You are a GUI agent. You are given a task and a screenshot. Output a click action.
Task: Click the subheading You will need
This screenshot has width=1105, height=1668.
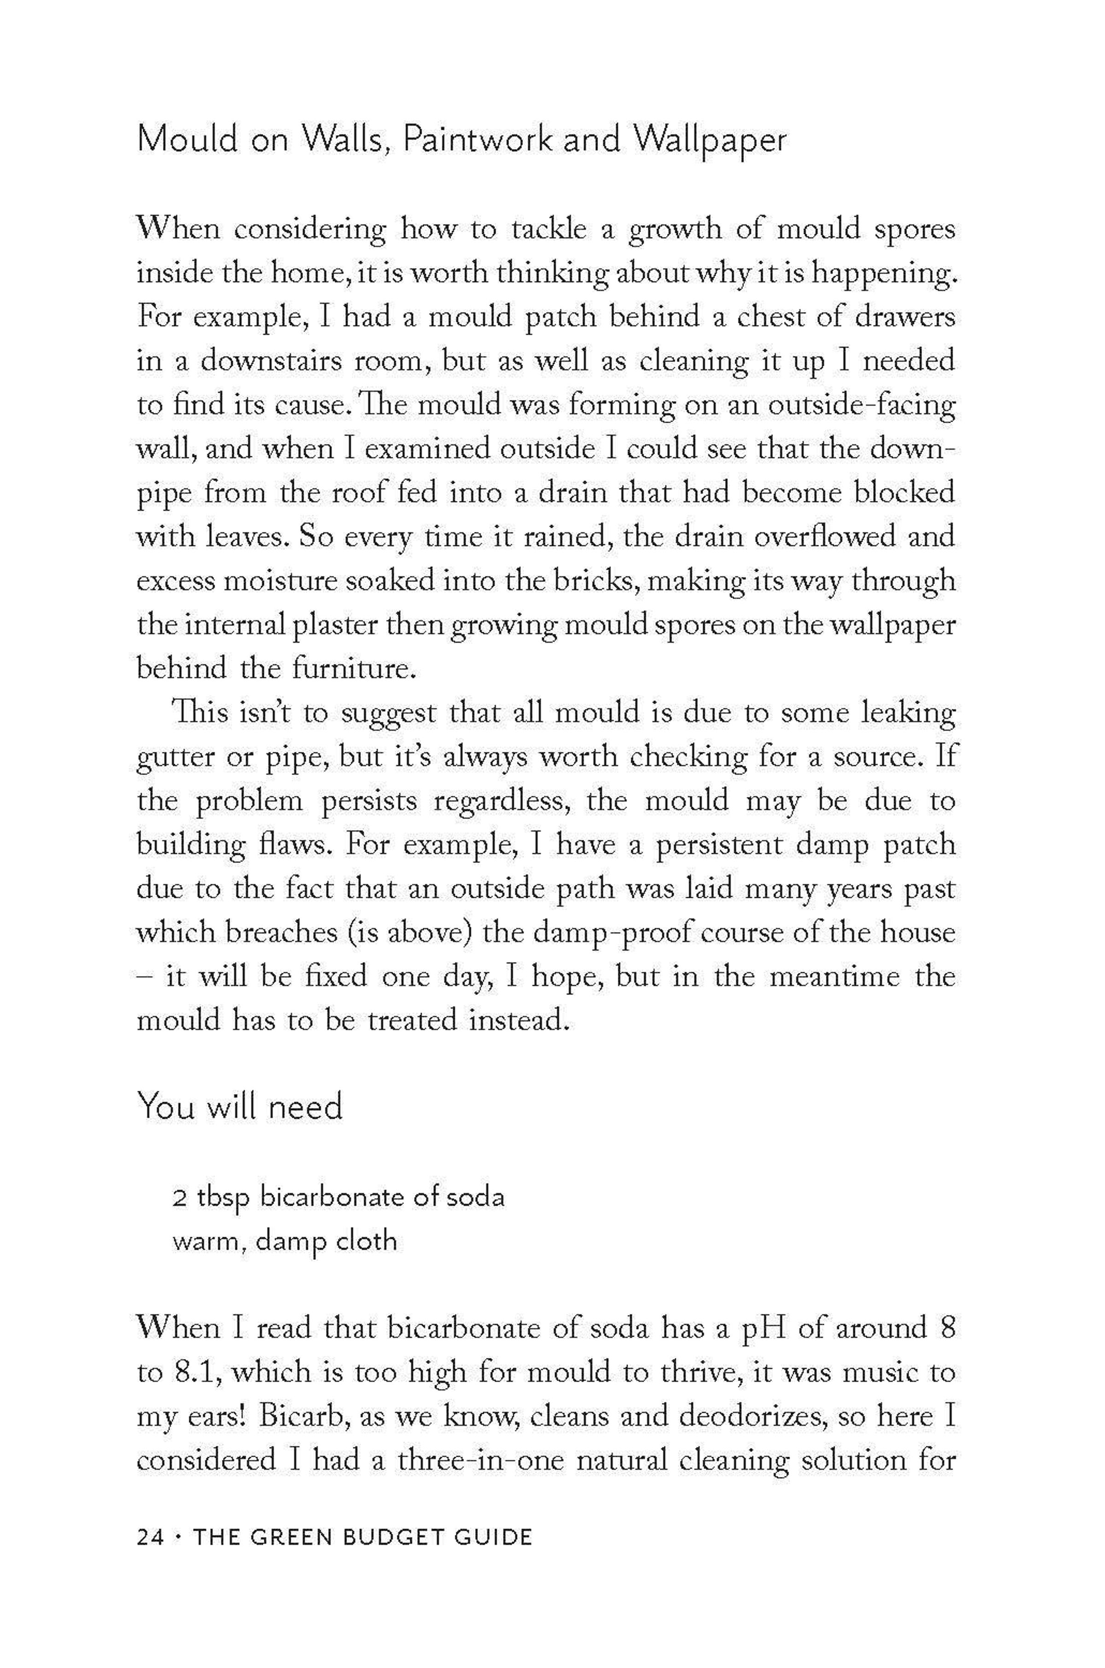(239, 1106)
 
